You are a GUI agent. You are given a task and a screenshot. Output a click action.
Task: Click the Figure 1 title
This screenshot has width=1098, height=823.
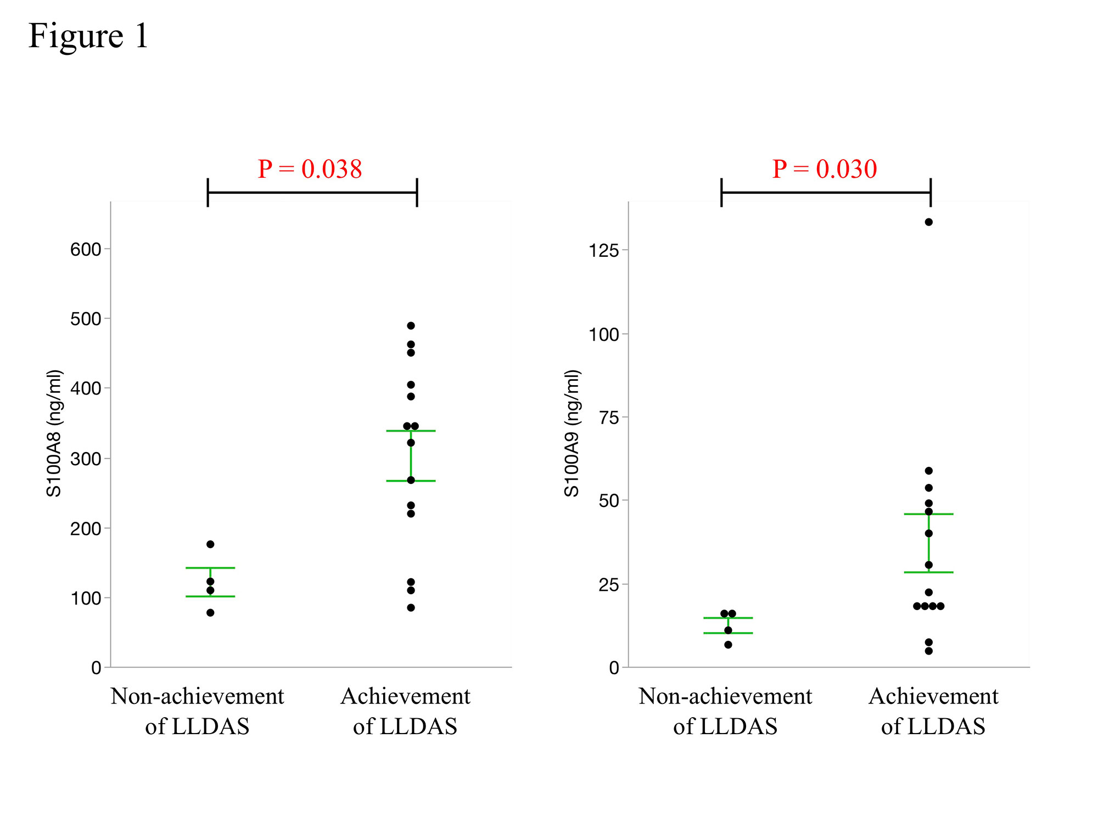pyautogui.click(x=88, y=36)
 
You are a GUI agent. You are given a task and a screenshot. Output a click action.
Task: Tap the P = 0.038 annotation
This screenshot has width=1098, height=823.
pyautogui.click(x=310, y=169)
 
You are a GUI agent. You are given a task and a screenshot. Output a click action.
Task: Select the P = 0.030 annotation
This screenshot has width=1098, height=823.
pyautogui.click(x=824, y=169)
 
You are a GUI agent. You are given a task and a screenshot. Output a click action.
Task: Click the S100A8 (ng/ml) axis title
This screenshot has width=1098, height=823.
pyautogui.click(x=54, y=433)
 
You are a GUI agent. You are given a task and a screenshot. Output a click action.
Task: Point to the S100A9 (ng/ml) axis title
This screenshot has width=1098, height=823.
pyautogui.click(x=572, y=433)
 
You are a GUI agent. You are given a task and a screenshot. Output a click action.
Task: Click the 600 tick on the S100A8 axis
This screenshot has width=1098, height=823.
pyautogui.click(x=86, y=250)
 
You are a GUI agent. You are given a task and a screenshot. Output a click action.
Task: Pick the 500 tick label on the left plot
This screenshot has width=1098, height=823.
pyautogui.click(x=86, y=319)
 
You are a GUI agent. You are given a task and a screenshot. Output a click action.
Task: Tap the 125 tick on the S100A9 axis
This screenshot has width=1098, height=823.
pyautogui.click(x=604, y=251)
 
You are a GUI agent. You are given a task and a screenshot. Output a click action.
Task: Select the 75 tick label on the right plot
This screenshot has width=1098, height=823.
pyautogui.click(x=609, y=418)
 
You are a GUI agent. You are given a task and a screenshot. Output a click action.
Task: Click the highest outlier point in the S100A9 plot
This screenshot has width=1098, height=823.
pyautogui.click(x=928, y=222)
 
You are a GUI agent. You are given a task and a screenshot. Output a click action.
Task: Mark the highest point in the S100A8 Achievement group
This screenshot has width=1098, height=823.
pyautogui.click(x=411, y=325)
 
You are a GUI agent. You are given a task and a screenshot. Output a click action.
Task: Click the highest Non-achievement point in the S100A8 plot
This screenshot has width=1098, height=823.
pyautogui.click(x=210, y=544)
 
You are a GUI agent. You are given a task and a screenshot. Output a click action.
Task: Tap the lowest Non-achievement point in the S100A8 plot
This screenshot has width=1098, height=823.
pyautogui.click(x=210, y=613)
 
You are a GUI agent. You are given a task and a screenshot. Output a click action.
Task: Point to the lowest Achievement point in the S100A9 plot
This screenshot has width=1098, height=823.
pyautogui.click(x=928, y=651)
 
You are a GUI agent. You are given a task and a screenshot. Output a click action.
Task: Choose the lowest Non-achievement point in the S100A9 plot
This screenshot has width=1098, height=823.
pyautogui.click(x=728, y=645)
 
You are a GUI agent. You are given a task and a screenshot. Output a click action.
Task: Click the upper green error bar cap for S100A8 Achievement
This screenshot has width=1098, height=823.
pyautogui.click(x=411, y=431)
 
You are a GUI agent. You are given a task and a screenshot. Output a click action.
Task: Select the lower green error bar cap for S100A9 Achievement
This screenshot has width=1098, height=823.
pyautogui.click(x=928, y=572)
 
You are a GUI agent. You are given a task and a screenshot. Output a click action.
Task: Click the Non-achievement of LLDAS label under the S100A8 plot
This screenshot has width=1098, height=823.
pyautogui.click(x=197, y=711)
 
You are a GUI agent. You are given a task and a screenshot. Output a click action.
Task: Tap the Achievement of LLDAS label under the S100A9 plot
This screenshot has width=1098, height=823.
pyautogui.click(x=933, y=711)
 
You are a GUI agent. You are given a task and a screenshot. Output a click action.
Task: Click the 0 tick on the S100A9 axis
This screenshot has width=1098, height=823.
pyautogui.click(x=614, y=668)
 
